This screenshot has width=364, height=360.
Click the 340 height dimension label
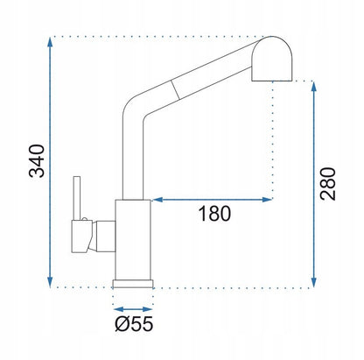click(x=37, y=161)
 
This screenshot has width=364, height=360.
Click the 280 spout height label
click(x=328, y=184)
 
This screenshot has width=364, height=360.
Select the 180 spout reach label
click(x=214, y=214)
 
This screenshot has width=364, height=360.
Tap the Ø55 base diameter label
click(x=134, y=323)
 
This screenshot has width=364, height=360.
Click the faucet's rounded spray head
click(x=272, y=59)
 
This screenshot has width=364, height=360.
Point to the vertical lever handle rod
click(x=77, y=198)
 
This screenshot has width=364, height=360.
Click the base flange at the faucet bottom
click(x=133, y=284)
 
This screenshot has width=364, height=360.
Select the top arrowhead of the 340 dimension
click(x=50, y=43)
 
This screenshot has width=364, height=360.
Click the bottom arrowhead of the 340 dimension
click(x=50, y=282)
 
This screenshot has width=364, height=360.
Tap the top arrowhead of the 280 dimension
click(x=314, y=87)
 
